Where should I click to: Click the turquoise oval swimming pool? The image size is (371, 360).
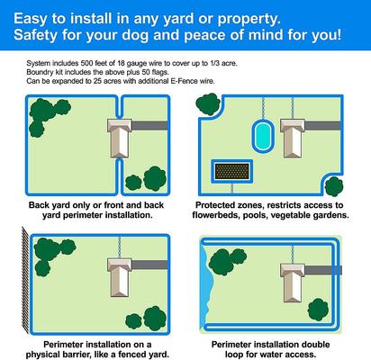[263, 136]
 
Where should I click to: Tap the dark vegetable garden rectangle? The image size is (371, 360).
[232, 171]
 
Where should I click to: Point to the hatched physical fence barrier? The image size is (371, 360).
[26, 280]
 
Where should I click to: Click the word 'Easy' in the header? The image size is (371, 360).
[31, 19]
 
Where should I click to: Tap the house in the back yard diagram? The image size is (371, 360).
[120, 138]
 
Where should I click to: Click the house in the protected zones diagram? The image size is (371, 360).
[293, 138]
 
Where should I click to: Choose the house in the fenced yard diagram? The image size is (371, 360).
[120, 277]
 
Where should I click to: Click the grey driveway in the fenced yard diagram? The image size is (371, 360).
[149, 265]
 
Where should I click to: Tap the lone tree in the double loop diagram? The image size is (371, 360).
[318, 310]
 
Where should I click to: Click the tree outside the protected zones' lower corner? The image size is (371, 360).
[334, 186]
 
